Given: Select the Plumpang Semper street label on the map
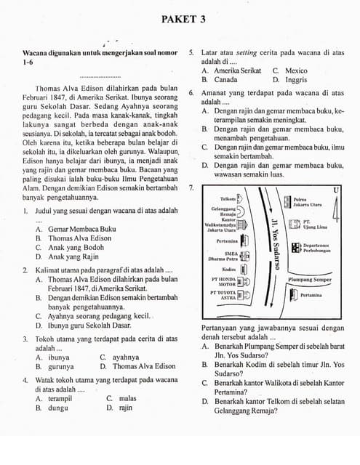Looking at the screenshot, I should pyautogui.click(x=310, y=279).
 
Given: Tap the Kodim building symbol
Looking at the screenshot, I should pyautogui.click(x=244, y=269).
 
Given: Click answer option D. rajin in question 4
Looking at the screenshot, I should pyautogui.click(x=120, y=408).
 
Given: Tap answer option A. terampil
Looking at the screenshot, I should pyautogui.click(x=55, y=398).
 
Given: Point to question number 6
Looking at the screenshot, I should pyautogui.click(x=191, y=93).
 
